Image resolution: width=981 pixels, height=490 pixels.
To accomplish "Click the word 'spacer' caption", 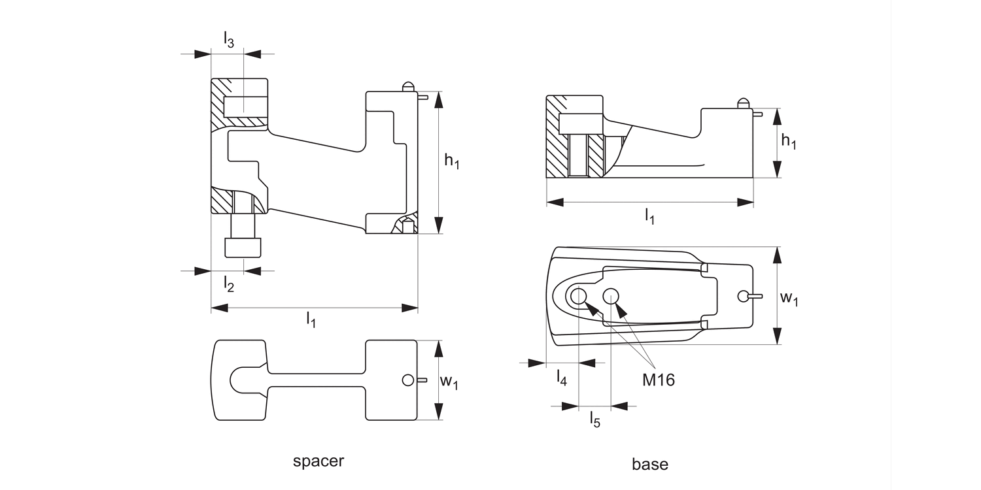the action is tap(318, 461).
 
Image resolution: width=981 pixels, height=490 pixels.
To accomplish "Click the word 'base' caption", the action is tap(650, 464).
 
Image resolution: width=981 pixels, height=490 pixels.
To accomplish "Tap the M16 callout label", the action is tap(658, 380).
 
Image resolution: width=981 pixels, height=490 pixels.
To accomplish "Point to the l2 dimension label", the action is tap(229, 284).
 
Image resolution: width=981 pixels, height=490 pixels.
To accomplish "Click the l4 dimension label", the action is tap(561, 378).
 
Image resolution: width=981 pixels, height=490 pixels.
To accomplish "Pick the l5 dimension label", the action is tap(594, 419).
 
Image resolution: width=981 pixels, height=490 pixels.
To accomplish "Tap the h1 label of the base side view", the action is tap(789, 142).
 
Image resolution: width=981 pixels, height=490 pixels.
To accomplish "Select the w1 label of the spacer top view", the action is tap(449, 382).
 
